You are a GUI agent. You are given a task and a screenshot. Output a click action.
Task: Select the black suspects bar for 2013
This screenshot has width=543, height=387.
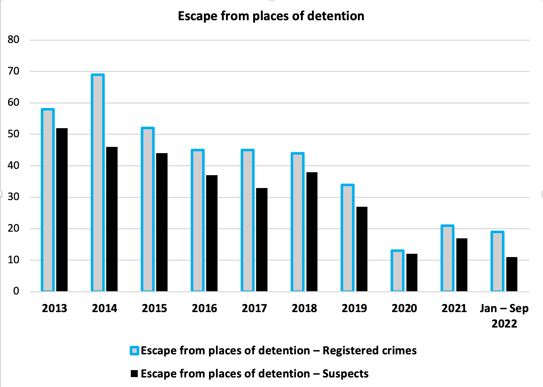click(62, 210)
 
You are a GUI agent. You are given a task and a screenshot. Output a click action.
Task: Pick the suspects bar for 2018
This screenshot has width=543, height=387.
click(312, 232)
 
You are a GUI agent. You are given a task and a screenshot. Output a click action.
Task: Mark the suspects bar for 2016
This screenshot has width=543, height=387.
click(212, 233)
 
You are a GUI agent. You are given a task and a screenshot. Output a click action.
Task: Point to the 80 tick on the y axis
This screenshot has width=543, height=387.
click(14, 40)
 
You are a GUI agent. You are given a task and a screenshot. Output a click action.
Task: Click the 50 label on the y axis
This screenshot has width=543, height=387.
click(14, 134)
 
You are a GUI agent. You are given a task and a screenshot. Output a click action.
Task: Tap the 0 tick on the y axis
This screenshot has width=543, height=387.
click(16, 291)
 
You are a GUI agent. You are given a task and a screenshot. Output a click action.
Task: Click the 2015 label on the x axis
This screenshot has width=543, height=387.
click(154, 308)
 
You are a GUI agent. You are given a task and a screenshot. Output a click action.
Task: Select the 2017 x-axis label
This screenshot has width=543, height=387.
click(254, 308)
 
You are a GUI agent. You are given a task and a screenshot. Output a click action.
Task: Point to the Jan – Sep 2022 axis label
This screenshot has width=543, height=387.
click(504, 315)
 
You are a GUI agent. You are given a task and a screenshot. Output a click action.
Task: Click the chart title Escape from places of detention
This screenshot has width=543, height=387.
click(271, 16)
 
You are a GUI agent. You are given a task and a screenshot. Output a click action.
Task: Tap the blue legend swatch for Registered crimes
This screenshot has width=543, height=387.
click(134, 351)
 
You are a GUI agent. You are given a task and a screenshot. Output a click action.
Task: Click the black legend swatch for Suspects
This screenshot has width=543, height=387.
click(134, 374)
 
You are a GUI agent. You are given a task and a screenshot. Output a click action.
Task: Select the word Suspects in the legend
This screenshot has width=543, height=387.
click(345, 374)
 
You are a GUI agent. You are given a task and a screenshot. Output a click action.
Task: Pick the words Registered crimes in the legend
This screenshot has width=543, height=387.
click(370, 351)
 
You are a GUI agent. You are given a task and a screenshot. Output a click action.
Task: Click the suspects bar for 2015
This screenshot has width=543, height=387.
click(162, 222)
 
